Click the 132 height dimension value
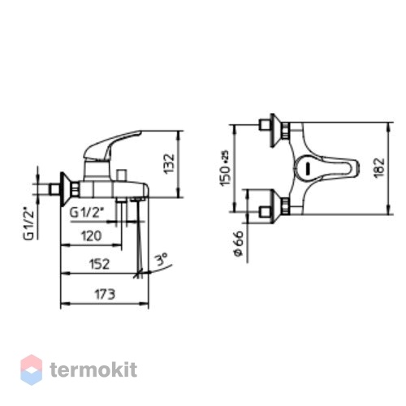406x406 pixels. point(170,164)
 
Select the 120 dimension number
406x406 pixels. point(92,236)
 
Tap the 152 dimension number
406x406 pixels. point(99,264)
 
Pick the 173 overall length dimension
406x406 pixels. point(105,294)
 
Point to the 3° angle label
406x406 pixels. point(162,260)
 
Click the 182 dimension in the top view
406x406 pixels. point(379,167)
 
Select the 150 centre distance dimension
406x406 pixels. point(226,168)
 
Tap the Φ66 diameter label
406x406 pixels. point(238,243)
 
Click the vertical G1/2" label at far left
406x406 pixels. point(28,223)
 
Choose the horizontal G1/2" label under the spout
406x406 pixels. point(87,213)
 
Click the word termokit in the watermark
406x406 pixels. point(93,370)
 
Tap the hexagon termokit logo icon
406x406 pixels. point(32,369)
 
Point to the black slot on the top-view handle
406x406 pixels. point(308,169)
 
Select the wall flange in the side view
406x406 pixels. point(65,189)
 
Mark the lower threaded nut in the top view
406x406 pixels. point(286,206)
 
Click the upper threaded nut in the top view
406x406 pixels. point(286,131)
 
